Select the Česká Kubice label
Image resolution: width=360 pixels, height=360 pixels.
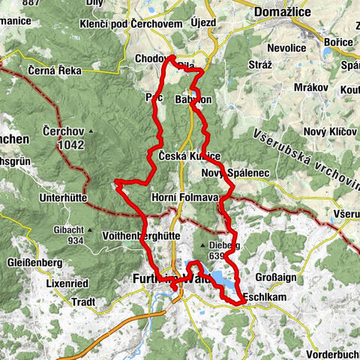pyautogui.click(x=189, y=155)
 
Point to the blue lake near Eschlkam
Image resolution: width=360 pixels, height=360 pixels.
pyautogui.click(x=223, y=280)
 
